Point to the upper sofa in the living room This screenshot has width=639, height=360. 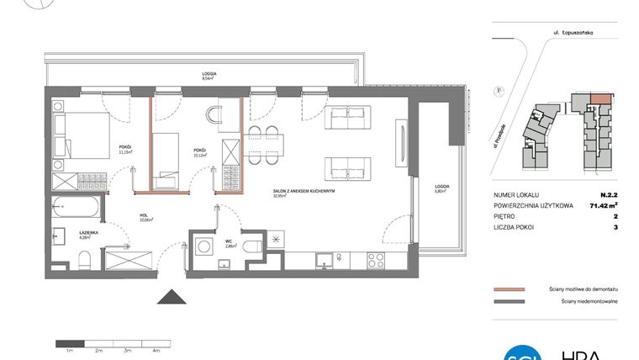(346, 117)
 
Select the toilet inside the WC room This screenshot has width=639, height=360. (251, 244)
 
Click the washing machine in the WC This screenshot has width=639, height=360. (203, 246)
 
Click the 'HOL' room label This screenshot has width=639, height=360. (144, 215)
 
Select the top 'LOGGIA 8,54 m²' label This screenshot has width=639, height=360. (209, 76)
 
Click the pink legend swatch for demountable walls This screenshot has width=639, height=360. (509, 287)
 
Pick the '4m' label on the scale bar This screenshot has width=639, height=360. (156, 349)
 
